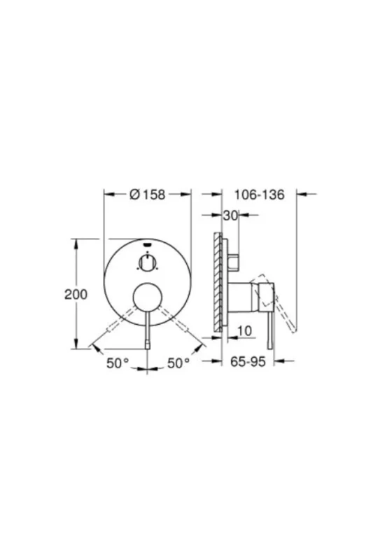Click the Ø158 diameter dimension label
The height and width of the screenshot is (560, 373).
pyautogui.click(x=147, y=195)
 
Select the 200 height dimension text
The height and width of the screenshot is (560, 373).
pyautogui.click(x=76, y=295)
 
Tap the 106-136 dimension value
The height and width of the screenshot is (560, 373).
pyautogui.click(x=259, y=195)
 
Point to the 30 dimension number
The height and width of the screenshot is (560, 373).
pyautogui.click(x=230, y=216)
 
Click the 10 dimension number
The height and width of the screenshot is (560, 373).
pyautogui.click(x=244, y=331)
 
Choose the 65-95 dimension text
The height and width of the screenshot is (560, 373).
pyautogui.click(x=248, y=362)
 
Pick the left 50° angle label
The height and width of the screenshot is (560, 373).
pyautogui.click(x=118, y=363)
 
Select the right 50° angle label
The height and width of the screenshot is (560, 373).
pyautogui.click(x=178, y=363)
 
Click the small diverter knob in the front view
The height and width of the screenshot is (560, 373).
pyautogui.click(x=147, y=263)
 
